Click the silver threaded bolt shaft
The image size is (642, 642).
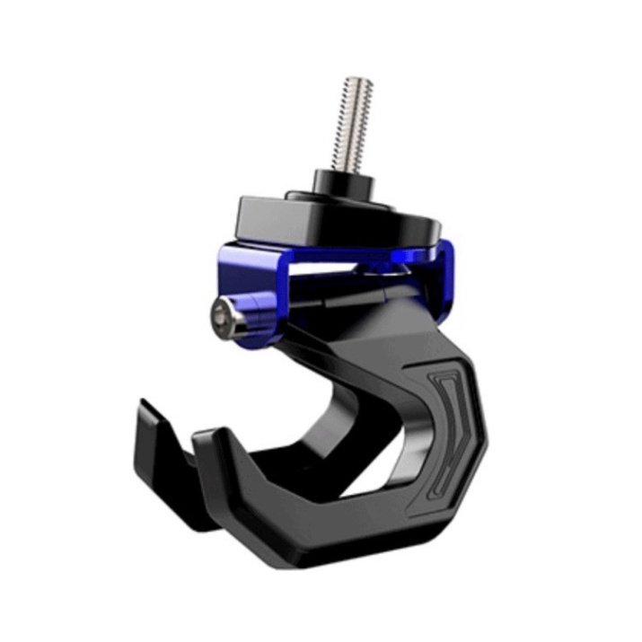coord(356,126)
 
